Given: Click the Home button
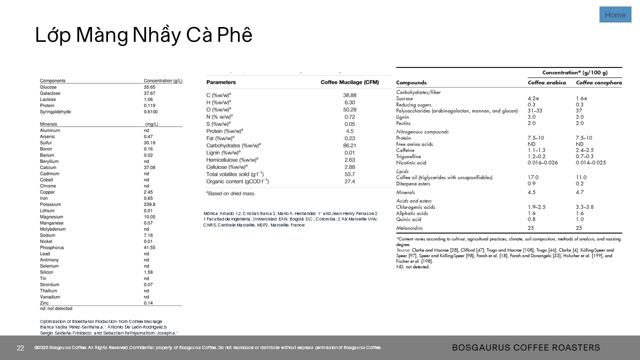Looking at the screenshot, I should coord(615,15).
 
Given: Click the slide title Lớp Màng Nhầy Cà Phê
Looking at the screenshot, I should coord(143,35).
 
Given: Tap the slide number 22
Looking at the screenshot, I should coord(20,348).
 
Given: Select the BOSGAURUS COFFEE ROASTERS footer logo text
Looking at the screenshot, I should coord(526,347).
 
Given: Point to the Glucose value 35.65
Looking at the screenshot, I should coord(149,87).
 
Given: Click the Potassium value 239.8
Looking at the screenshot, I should coord(149,204).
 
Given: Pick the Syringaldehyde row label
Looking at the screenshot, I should coord(55,111).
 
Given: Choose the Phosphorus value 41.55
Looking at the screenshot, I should coord(149,247).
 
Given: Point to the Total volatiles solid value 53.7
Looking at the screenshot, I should coord(349,174).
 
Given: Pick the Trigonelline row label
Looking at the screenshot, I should coord(408,156).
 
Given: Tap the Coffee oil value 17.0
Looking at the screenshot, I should coord(533,177).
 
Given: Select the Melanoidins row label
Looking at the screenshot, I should coord(409,228).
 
